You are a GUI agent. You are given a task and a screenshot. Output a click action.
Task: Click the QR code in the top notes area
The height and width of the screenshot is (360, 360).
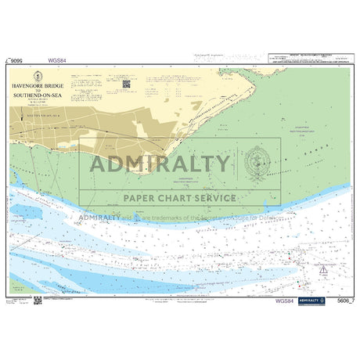pyautogui.click(x=126, y=83)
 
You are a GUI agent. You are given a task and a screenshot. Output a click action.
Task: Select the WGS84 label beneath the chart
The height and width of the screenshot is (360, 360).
pyautogui.click(x=286, y=301)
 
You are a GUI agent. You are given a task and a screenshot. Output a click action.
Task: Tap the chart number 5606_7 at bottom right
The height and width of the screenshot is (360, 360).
pyautogui.click(x=340, y=301)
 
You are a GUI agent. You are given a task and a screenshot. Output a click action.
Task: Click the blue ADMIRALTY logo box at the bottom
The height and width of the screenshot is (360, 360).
pyautogui.click(x=311, y=301)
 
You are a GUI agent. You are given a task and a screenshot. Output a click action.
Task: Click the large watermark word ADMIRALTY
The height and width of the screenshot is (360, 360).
pyautogui.click(x=160, y=164)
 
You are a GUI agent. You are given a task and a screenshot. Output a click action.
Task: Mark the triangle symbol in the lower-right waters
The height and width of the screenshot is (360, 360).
pyautogui.click(x=322, y=269)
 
